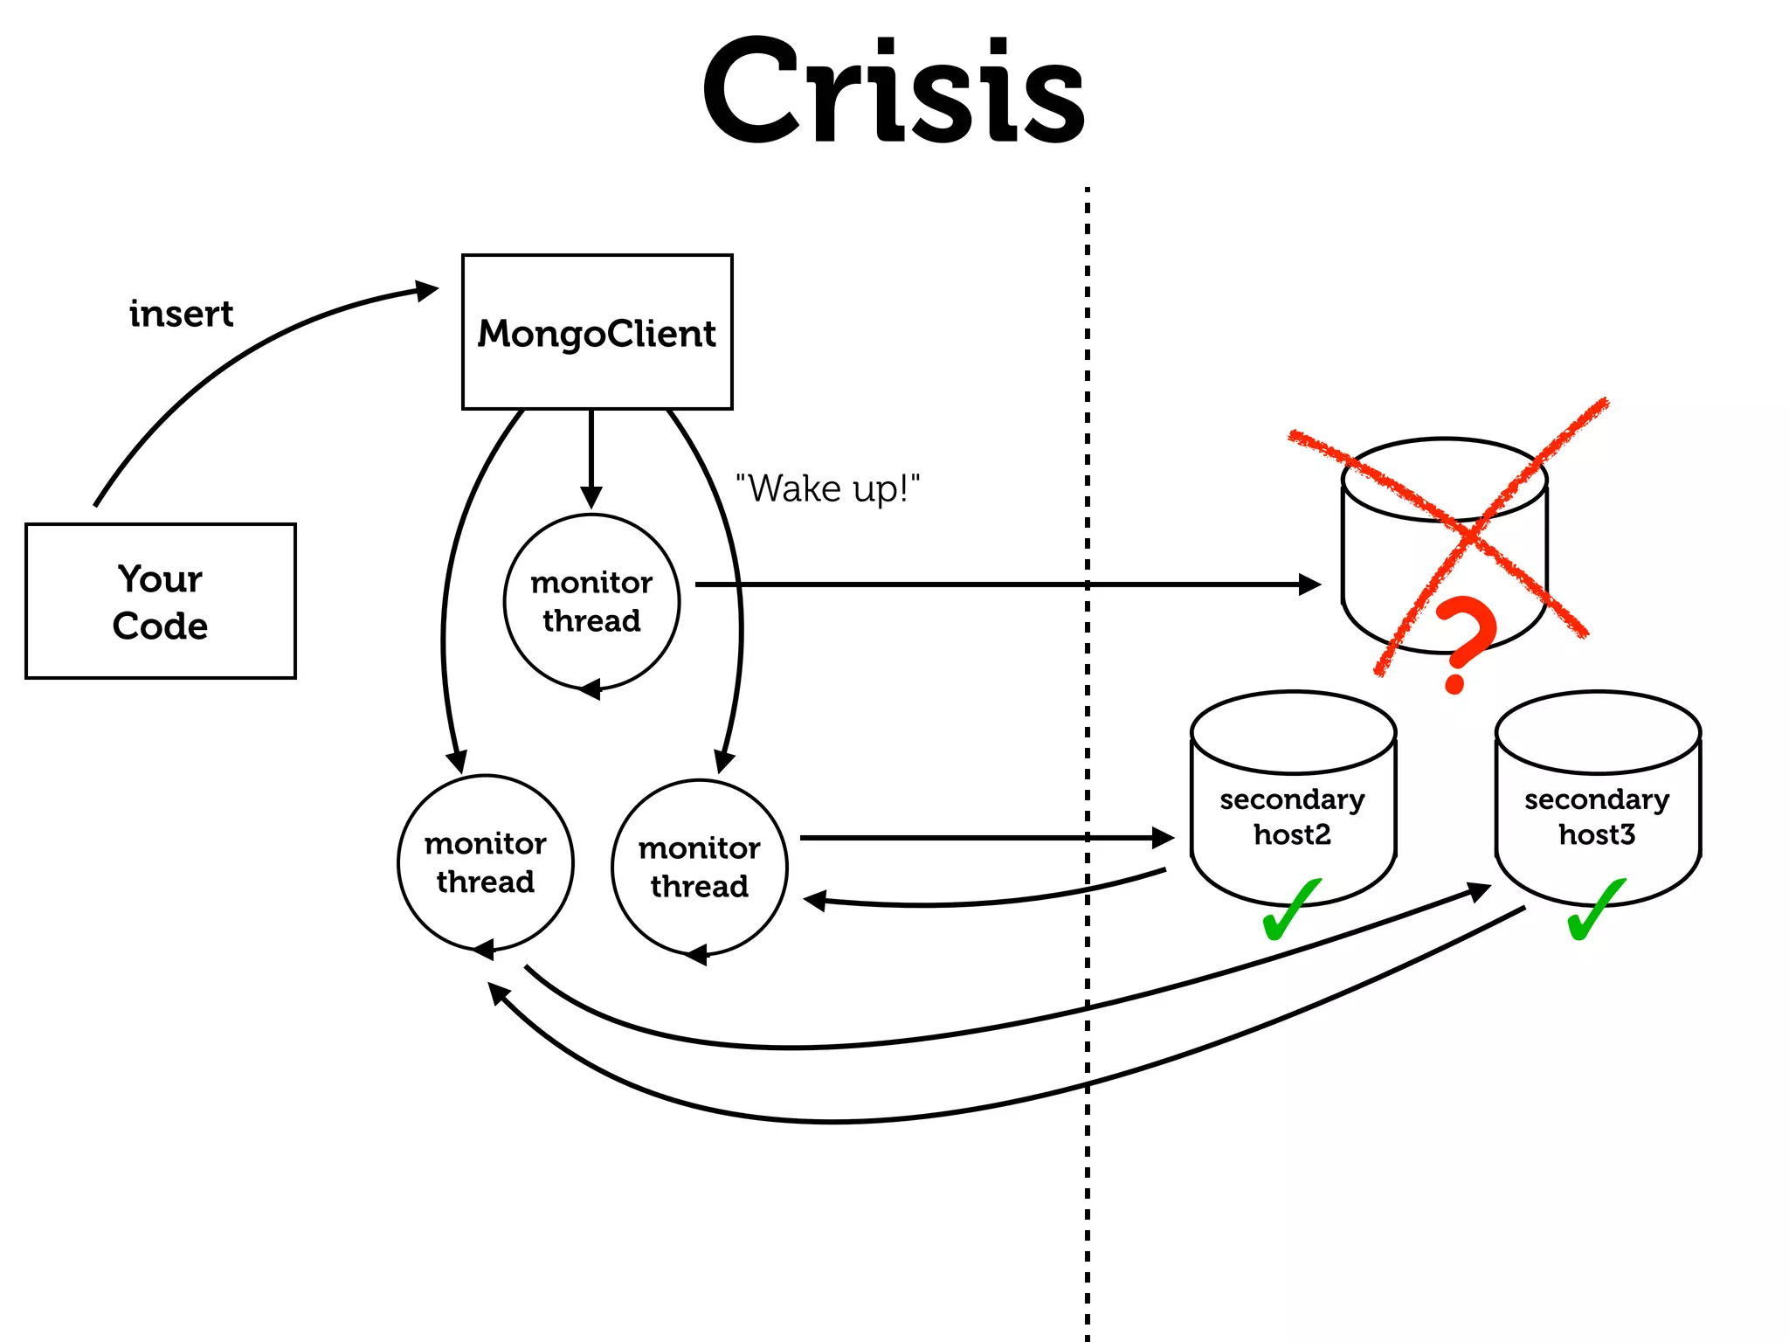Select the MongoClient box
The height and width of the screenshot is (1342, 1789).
coord(597,332)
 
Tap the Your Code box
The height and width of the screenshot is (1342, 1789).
coord(161,601)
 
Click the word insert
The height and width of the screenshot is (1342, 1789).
coord(181,314)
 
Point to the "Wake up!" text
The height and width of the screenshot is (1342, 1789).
coord(827,488)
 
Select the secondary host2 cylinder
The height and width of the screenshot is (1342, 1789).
coord(1293,799)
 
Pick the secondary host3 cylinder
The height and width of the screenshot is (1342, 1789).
coord(1597,799)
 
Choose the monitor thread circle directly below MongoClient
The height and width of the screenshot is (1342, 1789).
coord(591,601)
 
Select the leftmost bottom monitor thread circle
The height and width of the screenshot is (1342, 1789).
coord(486,862)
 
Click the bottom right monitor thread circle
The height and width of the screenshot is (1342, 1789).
coord(699,867)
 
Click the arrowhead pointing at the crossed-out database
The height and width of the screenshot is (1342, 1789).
coord(1309,585)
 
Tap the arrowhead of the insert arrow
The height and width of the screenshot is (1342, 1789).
coord(427,291)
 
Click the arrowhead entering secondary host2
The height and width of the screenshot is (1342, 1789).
coord(1164,838)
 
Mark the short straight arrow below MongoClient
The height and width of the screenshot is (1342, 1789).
coord(591,459)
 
